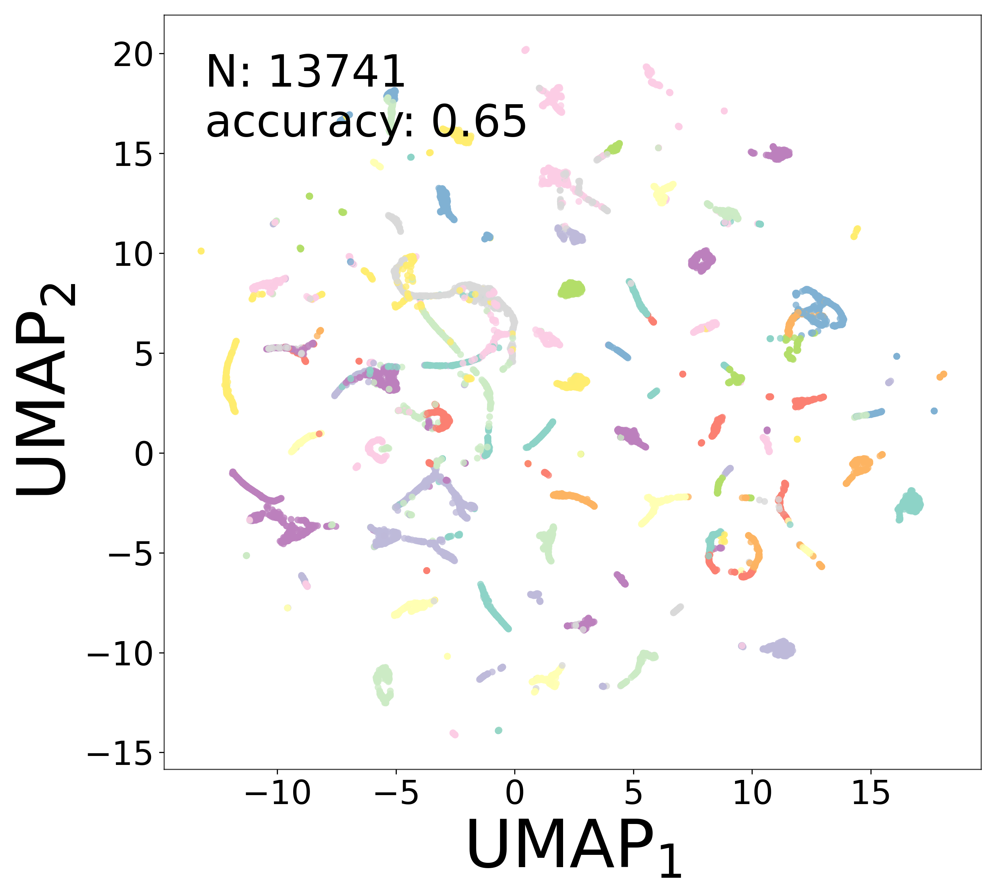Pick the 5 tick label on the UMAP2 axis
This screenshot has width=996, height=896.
pyautogui.click(x=143, y=354)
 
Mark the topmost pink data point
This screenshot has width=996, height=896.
pyautogui.click(x=526, y=50)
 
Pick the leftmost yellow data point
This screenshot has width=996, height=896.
pyautogui.click(x=201, y=251)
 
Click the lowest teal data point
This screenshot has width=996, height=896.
pyautogui.click(x=498, y=730)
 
